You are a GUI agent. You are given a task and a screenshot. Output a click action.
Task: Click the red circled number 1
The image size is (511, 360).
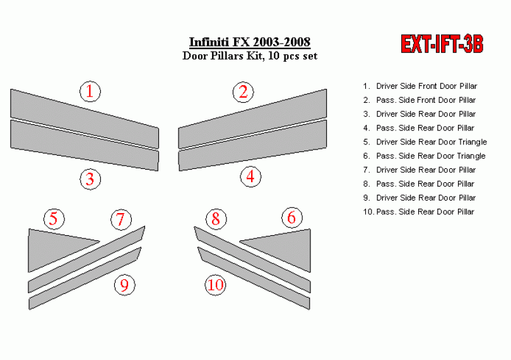tap(90, 91)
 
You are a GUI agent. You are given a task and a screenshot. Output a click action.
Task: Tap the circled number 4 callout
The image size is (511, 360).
tap(250, 177)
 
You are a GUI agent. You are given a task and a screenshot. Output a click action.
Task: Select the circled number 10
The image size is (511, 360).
tap(215, 285)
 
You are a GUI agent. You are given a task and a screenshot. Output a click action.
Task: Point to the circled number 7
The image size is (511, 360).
tap(121, 219)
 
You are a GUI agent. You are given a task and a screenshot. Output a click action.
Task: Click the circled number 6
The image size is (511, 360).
tap(292, 218)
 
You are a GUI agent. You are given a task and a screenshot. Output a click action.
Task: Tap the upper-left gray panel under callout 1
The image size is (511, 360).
tap(85, 119)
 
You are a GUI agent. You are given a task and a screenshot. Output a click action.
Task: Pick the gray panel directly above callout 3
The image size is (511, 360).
tap(85, 145)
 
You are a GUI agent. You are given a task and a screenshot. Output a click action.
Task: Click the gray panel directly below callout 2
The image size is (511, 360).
tap(252, 119)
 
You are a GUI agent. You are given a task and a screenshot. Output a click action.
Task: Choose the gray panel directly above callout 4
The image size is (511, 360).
tap(252, 145)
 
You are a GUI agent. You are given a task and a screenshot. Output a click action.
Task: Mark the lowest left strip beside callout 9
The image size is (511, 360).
tap(85, 279)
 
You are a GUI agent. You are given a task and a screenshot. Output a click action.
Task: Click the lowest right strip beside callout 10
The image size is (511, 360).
tap(254, 279)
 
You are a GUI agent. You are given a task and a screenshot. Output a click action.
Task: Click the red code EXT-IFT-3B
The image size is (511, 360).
tap(442, 44)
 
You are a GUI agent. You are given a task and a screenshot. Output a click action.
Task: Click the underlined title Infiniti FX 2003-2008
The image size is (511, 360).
tap(250, 42)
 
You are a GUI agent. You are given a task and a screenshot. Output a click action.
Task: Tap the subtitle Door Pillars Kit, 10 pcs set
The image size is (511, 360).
tap(250, 55)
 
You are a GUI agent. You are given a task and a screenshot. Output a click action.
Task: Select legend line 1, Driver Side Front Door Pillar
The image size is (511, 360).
tap(420, 86)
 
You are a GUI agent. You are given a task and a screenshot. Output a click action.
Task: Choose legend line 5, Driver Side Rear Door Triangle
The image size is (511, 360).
tap(425, 142)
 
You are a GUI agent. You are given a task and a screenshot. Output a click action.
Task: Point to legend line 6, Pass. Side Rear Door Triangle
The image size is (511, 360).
tap(425, 156)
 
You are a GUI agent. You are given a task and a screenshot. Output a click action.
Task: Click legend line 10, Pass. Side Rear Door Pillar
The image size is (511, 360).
tap(418, 212)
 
